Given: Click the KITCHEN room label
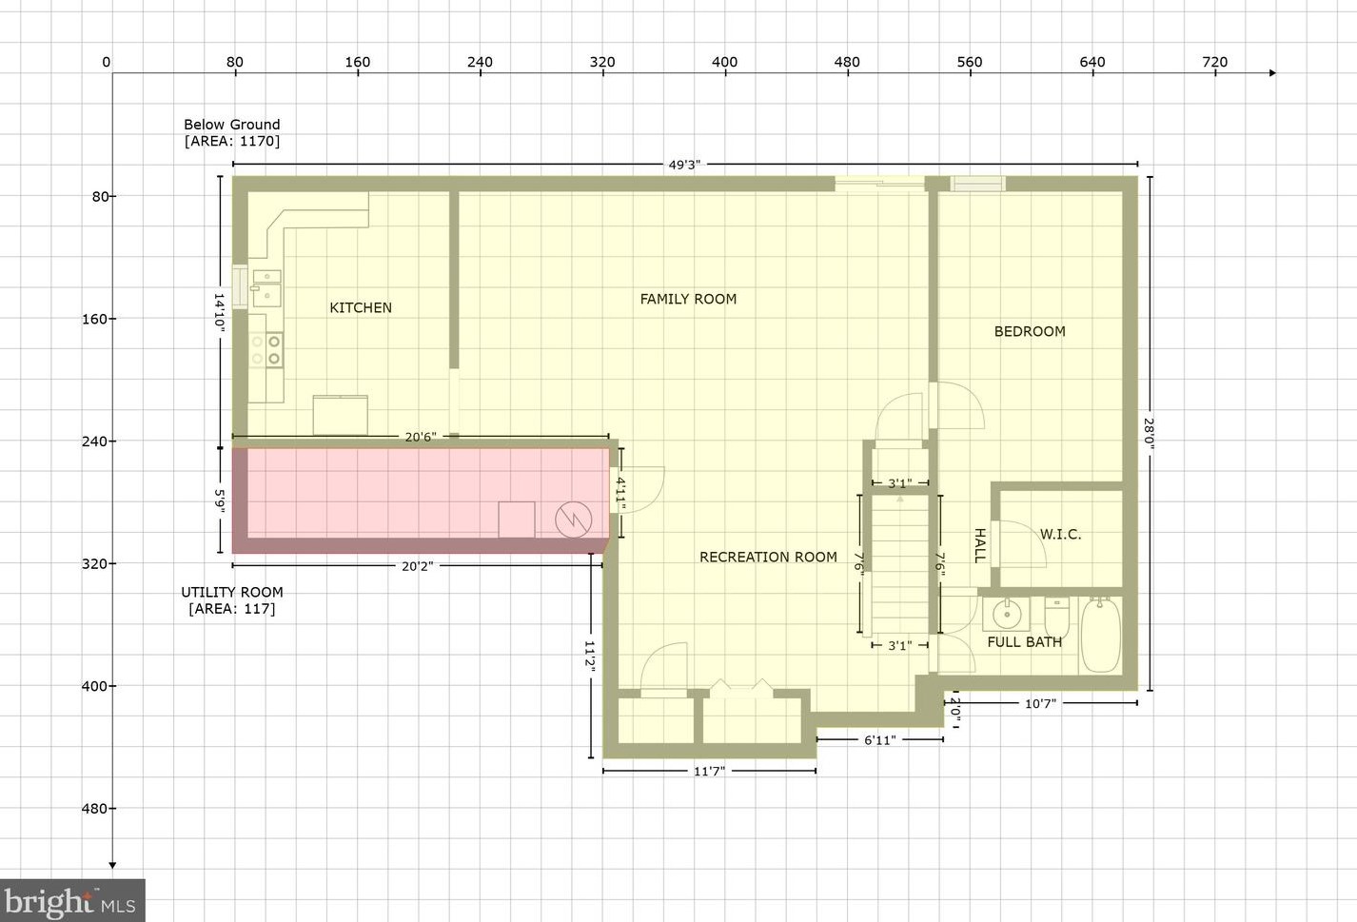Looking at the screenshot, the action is click(361, 307).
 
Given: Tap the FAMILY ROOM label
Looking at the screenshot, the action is click(688, 299).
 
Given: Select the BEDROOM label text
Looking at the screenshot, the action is click(1030, 331).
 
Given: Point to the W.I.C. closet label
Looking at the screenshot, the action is click(1060, 535).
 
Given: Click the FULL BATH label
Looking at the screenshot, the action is click(1025, 642).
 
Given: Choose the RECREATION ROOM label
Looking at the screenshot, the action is click(768, 557).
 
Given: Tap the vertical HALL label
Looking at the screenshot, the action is click(979, 545).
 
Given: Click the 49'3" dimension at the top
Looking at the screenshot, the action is click(684, 165).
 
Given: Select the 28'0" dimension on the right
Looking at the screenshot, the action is click(1149, 433).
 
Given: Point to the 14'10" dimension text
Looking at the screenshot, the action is click(219, 311).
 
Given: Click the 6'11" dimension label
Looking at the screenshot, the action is click(879, 740).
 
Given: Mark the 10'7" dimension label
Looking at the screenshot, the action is click(1040, 704).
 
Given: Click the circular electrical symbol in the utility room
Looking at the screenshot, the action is click(573, 520).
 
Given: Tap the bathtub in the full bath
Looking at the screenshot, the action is click(1101, 635).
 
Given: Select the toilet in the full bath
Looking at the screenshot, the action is click(1057, 618).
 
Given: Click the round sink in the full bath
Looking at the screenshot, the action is click(1006, 615).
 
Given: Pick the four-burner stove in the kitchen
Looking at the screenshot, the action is click(265, 350).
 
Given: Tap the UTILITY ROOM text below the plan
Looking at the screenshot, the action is click(232, 592).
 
